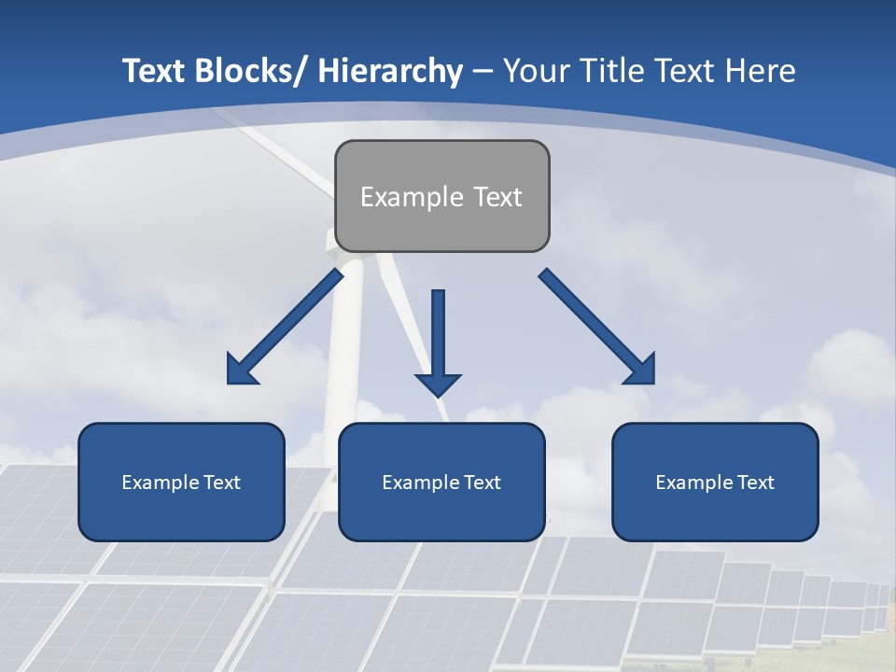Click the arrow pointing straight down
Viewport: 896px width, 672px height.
coord(438,341)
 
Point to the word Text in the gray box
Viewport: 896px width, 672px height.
coord(497,197)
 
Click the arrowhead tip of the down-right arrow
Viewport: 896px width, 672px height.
coord(652,382)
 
